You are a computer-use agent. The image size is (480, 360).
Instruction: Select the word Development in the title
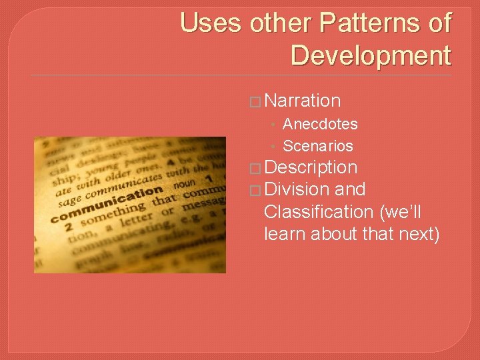click(371, 55)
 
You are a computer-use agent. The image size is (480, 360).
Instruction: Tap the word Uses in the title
click(212, 23)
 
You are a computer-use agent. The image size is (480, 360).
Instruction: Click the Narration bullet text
click(303, 101)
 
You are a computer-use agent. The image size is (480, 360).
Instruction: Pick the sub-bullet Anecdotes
click(320, 124)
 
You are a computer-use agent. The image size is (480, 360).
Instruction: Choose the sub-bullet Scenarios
click(318, 146)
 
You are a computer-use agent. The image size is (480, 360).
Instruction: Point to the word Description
click(311, 167)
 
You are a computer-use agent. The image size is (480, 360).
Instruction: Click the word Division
click(296, 189)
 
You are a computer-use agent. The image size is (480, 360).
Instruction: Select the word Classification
click(318, 212)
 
